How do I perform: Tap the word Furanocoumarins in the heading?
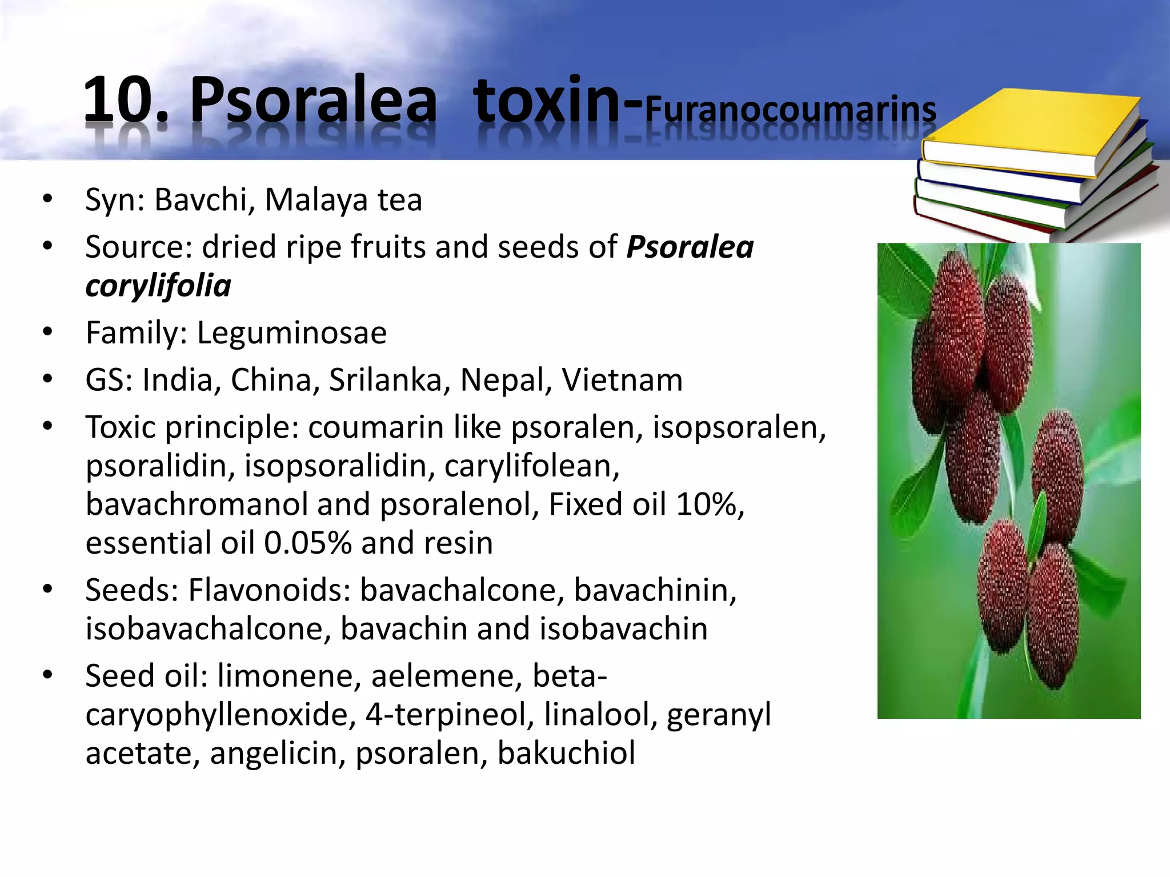tap(791, 110)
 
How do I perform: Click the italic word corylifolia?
tap(158, 285)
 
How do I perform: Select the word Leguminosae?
tap(292, 333)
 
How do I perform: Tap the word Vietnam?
tap(622, 380)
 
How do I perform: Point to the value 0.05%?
tap(307, 543)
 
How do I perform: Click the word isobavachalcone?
tap(208, 628)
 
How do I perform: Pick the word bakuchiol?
tap(566, 753)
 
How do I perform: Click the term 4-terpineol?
tap(450, 715)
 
